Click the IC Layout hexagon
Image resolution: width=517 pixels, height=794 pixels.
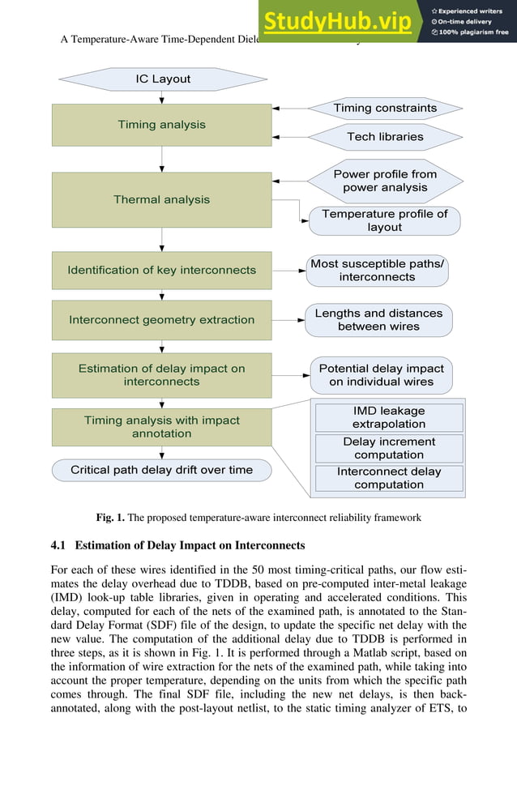coord(162,79)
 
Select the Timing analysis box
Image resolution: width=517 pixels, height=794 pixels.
coord(162,125)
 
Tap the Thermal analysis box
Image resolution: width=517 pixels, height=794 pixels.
coord(162,199)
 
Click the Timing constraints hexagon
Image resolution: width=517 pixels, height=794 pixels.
coord(385,108)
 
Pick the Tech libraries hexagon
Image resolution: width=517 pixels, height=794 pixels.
coord(385,137)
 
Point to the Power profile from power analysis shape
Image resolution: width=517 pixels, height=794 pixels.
coord(385,181)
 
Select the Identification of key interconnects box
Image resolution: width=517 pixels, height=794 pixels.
coord(162,271)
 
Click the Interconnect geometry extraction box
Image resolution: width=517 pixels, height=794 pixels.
coord(162,320)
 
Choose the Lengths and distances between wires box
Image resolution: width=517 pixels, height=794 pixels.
coord(378,320)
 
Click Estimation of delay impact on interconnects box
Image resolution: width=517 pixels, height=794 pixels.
coord(162,375)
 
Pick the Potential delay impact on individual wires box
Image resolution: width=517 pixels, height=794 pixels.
coord(381,375)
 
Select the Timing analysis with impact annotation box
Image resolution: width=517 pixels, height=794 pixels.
coord(162,427)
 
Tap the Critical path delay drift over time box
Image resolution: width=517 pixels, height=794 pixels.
coord(162,470)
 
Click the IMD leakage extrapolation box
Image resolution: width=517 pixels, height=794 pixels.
coord(389,417)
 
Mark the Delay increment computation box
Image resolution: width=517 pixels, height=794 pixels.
coord(389,448)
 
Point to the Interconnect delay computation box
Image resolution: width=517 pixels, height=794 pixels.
coord(389,478)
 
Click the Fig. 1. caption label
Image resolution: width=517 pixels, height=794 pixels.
coord(110,518)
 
